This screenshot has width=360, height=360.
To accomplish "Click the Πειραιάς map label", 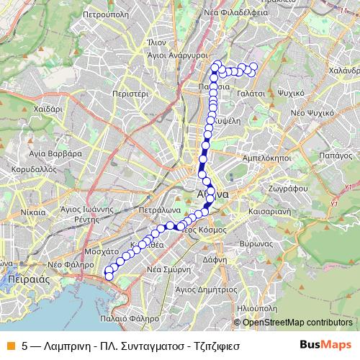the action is click(x=24, y=276).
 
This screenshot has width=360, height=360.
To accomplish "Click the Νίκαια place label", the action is click(x=33, y=213).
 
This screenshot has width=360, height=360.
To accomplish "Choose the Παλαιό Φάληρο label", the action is click(x=130, y=317).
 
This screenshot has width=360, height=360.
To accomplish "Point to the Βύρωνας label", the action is click(x=256, y=245).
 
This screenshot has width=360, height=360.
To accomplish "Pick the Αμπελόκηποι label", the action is click(x=266, y=156).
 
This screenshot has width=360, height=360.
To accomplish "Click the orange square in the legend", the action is click(x=10, y=345).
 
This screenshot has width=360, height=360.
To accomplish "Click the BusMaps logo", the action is click(x=326, y=345).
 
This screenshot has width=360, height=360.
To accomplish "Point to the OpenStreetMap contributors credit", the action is click(x=293, y=322).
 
